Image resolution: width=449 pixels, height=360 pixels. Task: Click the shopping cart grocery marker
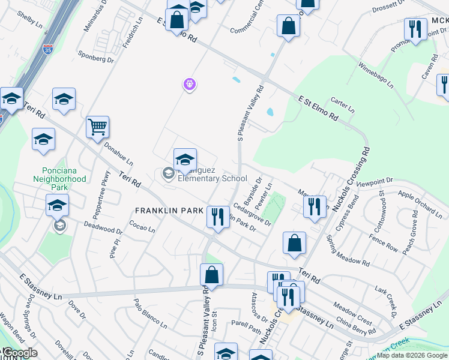(x=97, y=127)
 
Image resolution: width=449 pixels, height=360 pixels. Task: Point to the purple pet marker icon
(x=190, y=85)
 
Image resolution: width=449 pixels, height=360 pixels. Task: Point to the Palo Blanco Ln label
(x=149, y=314)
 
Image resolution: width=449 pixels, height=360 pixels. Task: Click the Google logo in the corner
(x=20, y=353)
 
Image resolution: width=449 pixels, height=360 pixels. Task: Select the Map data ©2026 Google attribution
(x=412, y=355)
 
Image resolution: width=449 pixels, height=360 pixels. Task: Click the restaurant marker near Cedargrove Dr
(x=216, y=217)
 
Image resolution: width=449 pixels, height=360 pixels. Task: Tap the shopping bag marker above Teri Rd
(x=294, y=244)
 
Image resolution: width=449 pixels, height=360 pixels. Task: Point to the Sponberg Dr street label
(x=96, y=58)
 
